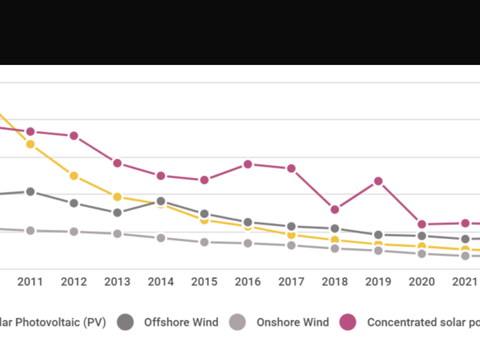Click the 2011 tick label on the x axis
tap(30, 282)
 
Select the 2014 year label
tap(161, 282)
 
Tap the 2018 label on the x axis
tap(335, 282)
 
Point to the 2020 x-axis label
tap(422, 282)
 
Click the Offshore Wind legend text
tap(181, 322)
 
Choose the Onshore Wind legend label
tap(293, 322)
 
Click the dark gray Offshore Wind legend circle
tap(126, 322)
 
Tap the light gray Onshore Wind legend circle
tap(237, 322)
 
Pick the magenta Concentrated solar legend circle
tap(348, 322)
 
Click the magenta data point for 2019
tap(378, 181)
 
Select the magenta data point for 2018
tap(335, 210)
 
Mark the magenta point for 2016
tap(248, 164)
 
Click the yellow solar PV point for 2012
tap(74, 176)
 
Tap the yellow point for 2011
tap(30, 144)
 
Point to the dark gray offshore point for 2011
tap(30, 192)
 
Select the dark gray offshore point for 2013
tap(117, 213)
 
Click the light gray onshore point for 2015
tap(204, 242)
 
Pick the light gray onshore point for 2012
tap(74, 232)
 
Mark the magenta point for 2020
tap(422, 224)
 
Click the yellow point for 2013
tap(117, 197)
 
